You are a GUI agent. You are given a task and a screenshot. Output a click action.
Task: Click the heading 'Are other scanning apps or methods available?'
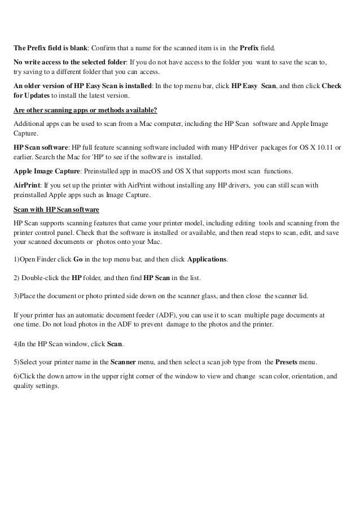click(85, 110)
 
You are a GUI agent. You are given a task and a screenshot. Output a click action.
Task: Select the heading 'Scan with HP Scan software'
click(56, 210)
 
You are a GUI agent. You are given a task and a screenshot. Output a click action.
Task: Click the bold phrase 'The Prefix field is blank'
click(49, 47)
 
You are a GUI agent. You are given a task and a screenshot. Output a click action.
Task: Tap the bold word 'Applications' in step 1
click(207, 259)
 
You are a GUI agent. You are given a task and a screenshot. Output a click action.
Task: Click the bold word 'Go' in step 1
click(78, 259)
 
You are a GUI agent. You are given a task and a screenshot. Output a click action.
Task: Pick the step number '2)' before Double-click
click(17, 278)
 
